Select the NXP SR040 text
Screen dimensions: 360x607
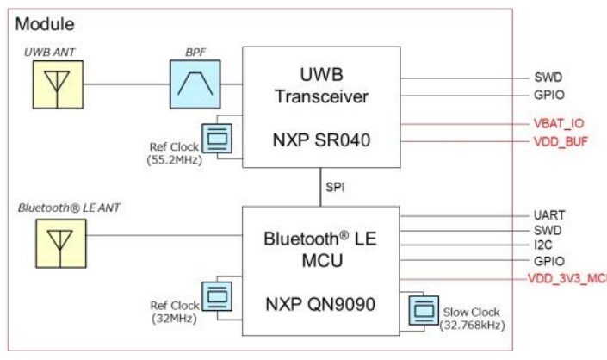point(320,140)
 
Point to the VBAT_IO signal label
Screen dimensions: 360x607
point(558,122)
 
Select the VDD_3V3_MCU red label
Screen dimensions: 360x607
point(567,278)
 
